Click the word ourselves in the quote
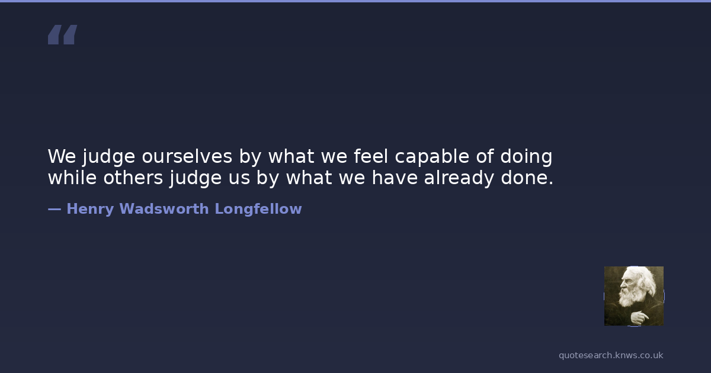pyautogui.click(x=187, y=157)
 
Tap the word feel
pyautogui.click(x=371, y=156)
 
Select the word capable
pyautogui.click(x=432, y=157)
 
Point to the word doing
pyautogui.click(x=526, y=157)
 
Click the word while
pyautogui.click(x=72, y=177)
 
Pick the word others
pyautogui.click(x=133, y=177)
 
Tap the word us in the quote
pyautogui.click(x=239, y=179)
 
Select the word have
pyautogui.click(x=395, y=177)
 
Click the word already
pyautogui.click(x=459, y=178)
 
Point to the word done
pyautogui.click(x=527, y=177)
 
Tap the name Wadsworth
pyautogui.click(x=164, y=209)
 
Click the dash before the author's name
pyautogui.click(x=55, y=210)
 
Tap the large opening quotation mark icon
pyautogui.click(x=63, y=34)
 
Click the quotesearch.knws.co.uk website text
pyautogui.click(x=611, y=355)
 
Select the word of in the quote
pyautogui.click(x=485, y=156)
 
